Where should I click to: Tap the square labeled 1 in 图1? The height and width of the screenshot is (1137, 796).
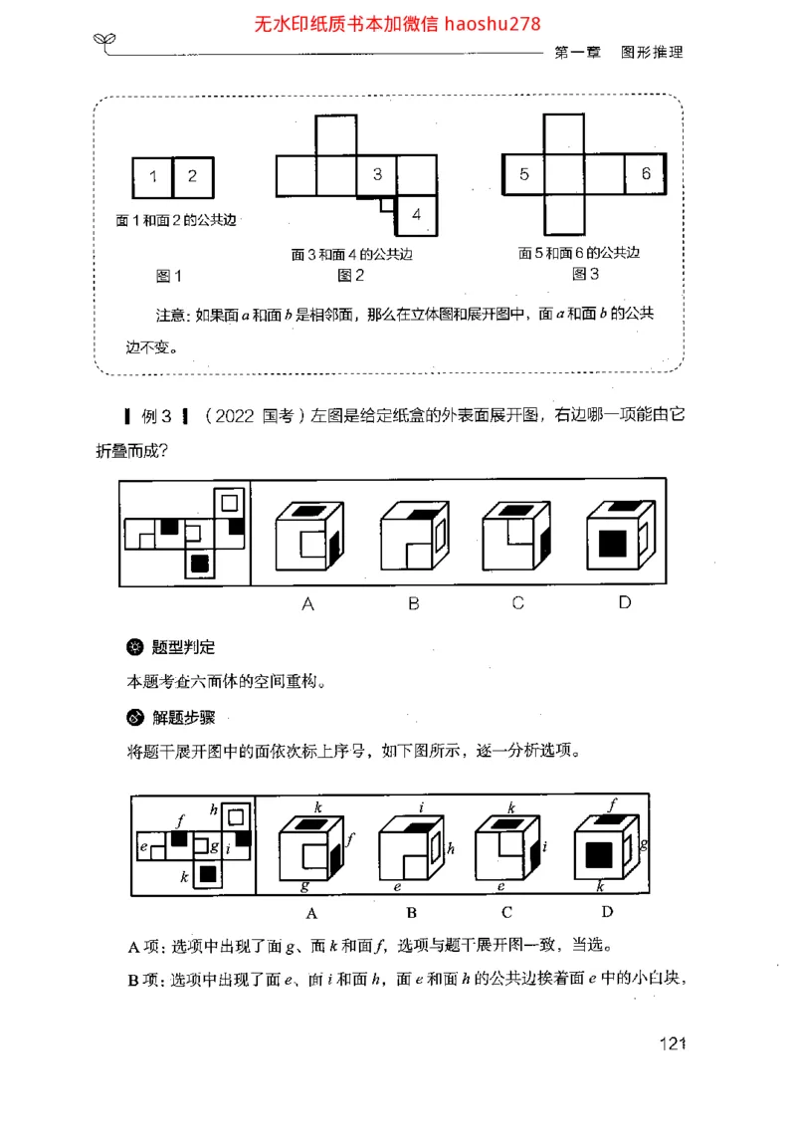coord(152,177)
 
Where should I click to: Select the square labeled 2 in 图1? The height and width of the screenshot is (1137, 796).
coord(193,177)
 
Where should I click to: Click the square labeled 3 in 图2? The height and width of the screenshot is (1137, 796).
coord(377,174)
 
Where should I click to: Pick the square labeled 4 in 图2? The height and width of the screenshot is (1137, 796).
coord(416,213)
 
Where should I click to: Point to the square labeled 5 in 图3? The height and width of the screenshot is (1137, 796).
coord(524,174)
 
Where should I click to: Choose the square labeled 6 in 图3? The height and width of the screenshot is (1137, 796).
coord(646,174)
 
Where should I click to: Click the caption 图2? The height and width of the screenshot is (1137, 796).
coord(351,275)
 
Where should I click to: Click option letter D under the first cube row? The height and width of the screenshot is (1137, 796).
coord(624,602)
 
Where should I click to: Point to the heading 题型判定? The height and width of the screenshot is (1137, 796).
coord(183,647)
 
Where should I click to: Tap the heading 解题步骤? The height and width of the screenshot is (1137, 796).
coord(183,717)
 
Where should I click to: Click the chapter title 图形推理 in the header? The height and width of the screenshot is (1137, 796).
coord(652,52)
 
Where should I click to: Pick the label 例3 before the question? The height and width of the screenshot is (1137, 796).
coord(157,417)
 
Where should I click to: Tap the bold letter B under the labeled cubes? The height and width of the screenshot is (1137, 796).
coord(411,912)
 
